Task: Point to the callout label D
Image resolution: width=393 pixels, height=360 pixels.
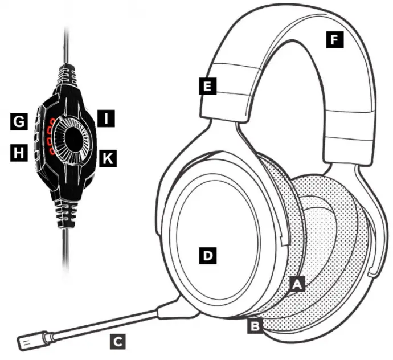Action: [x=208, y=255]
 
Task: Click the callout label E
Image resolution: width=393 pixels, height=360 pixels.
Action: [x=208, y=87]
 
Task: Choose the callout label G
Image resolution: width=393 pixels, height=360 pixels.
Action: [x=19, y=121]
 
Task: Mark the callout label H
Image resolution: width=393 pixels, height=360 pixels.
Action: [x=19, y=152]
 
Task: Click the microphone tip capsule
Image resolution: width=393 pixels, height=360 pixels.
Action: [x=29, y=342]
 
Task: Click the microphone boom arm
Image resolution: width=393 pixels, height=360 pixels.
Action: [x=103, y=324]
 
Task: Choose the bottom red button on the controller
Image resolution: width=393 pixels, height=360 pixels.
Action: [x=51, y=153]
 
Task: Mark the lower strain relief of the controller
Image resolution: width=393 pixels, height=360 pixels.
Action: [x=67, y=214]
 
